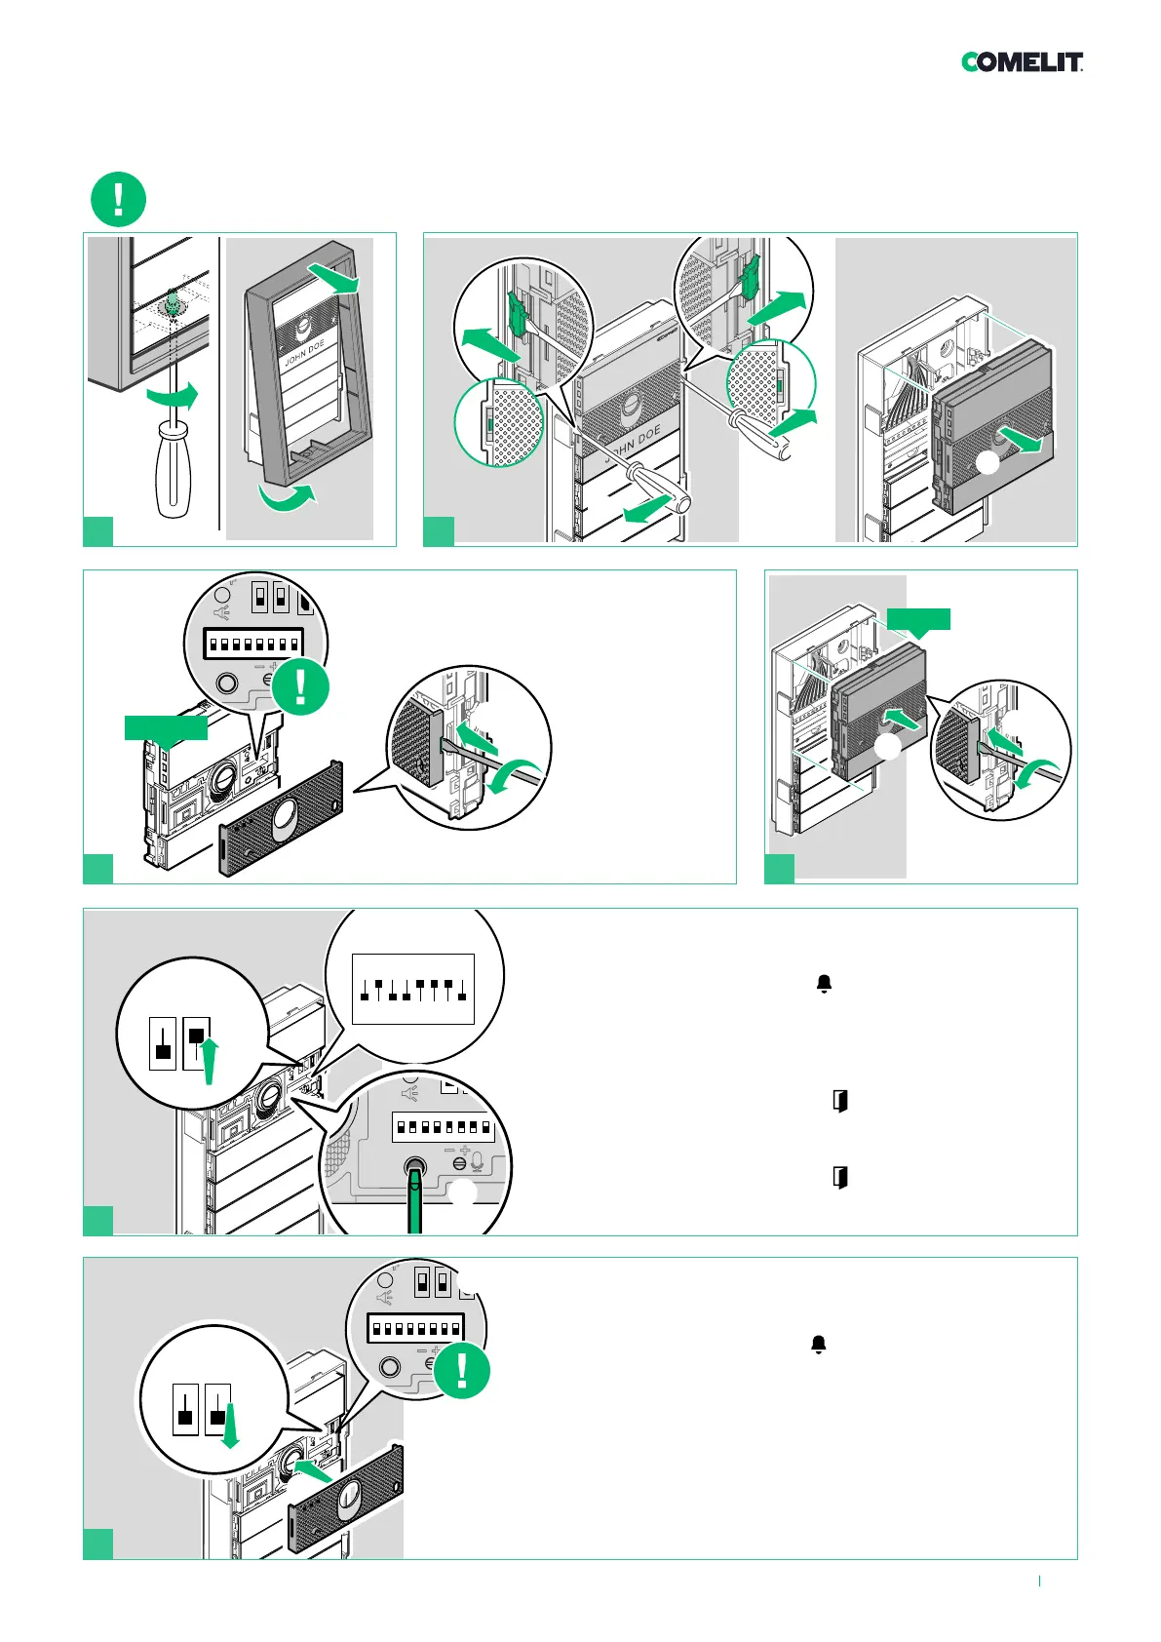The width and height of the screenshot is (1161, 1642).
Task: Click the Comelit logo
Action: coord(1022,62)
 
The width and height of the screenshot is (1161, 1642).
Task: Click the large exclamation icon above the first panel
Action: coord(118,199)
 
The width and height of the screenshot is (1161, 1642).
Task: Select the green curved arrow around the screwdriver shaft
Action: coord(173,396)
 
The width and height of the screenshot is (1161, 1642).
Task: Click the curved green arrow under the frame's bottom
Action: coord(289,496)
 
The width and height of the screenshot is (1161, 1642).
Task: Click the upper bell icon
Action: coord(824,984)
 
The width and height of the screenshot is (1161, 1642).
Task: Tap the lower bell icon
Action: coord(819,1345)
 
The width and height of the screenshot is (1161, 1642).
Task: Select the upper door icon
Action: coord(839,1101)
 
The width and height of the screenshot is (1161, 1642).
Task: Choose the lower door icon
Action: coord(839,1177)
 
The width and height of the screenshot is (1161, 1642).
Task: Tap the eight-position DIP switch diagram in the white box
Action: coord(412,989)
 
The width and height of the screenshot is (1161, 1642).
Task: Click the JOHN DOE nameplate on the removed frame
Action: coord(304,353)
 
